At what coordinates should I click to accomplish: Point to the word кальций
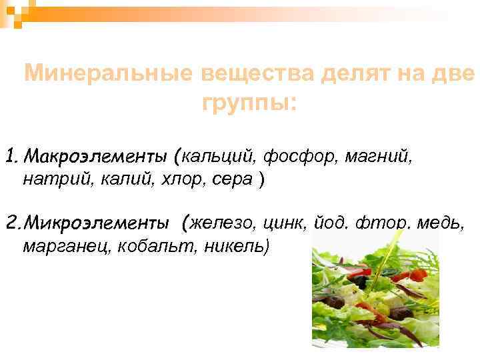click(217, 158)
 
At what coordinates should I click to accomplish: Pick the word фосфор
click(300, 158)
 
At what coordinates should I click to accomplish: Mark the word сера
click(235, 179)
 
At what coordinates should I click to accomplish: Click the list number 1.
click(10, 158)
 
